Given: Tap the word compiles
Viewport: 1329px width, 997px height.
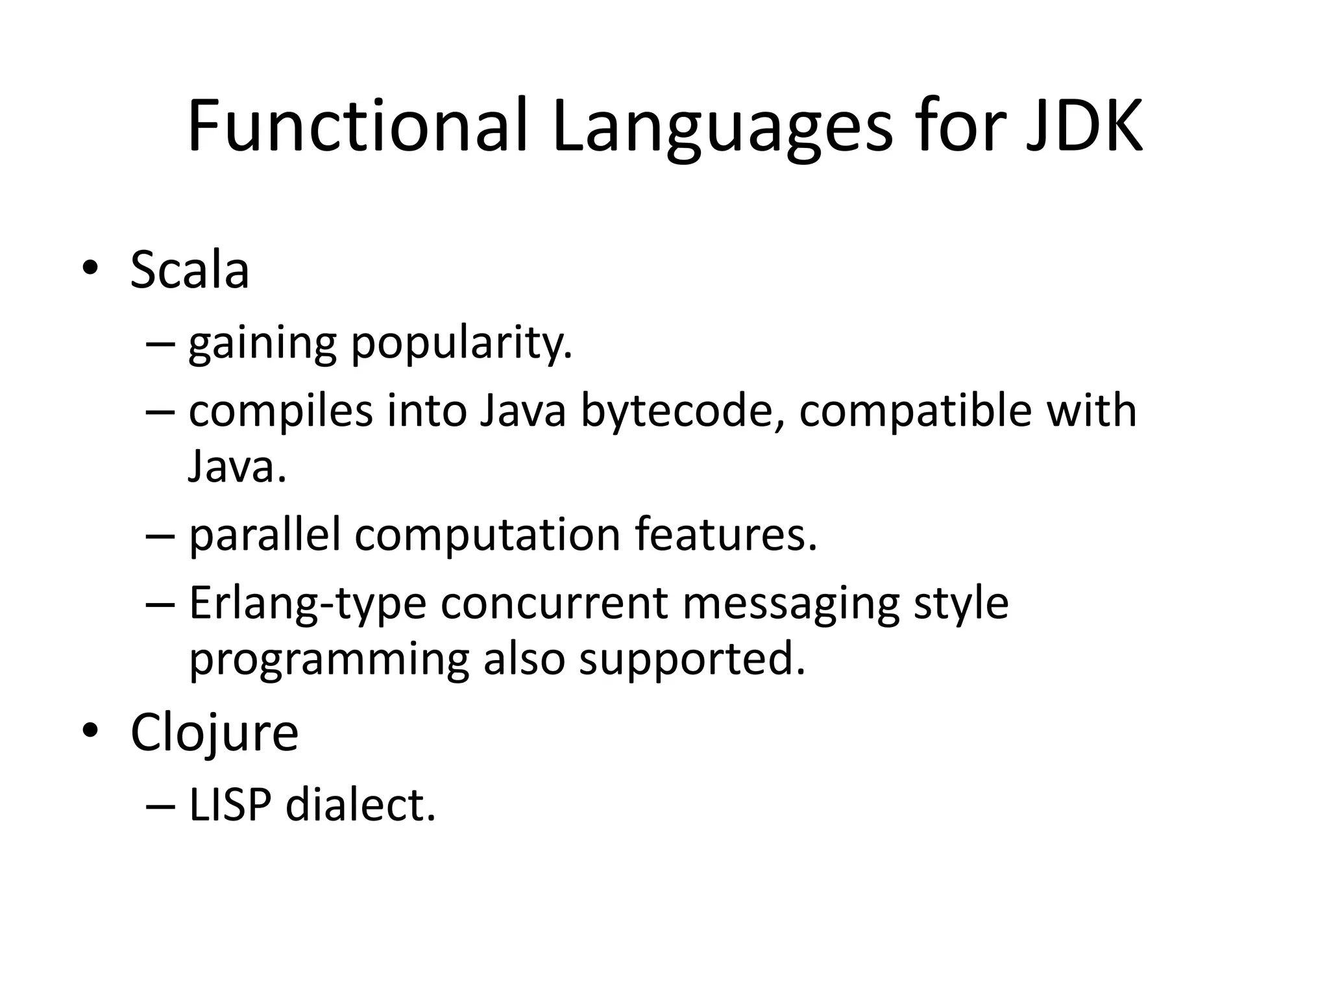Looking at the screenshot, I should coord(281,413).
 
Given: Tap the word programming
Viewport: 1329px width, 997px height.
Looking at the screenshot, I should coord(328,661).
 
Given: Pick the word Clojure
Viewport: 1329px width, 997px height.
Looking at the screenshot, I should coord(214,733).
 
